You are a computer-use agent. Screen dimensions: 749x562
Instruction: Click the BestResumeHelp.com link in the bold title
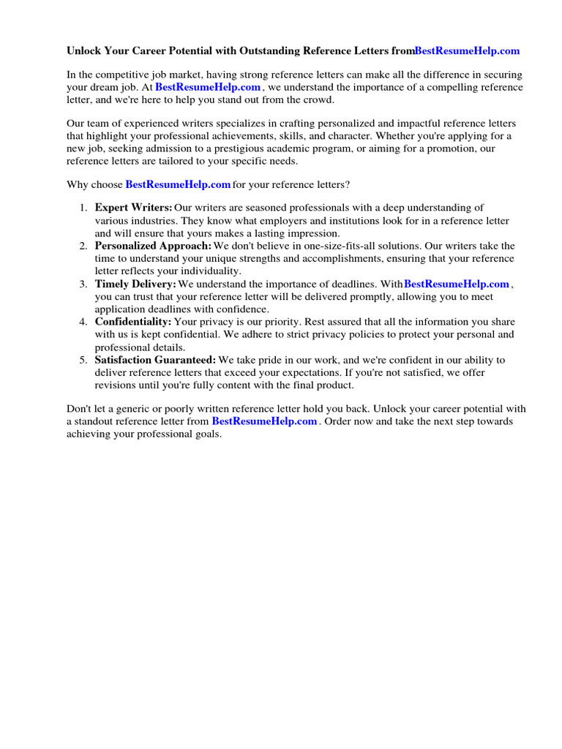(467, 50)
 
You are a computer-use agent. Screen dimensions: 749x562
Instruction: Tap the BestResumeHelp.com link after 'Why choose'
(178, 184)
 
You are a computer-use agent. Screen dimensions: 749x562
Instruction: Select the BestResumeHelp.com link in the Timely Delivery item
(457, 284)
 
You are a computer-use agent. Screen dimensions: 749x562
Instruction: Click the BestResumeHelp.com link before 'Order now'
(264, 421)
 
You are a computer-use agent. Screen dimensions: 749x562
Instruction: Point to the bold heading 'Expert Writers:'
(133, 208)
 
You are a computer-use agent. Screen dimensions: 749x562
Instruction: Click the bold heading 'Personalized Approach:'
(153, 246)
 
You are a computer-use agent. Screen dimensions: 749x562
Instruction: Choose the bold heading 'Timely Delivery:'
(135, 284)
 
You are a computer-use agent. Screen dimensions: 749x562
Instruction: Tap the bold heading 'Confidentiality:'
(133, 322)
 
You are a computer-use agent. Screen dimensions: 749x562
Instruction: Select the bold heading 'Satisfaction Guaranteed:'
(155, 360)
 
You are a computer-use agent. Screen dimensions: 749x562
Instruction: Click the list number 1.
(83, 208)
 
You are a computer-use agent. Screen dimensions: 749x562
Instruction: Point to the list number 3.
(83, 285)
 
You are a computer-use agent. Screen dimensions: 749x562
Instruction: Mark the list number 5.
(83, 361)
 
